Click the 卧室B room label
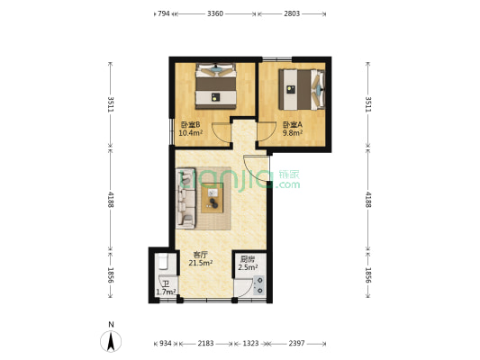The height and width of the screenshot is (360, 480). (x=190, y=125)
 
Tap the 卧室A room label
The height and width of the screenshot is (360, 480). (x=293, y=125)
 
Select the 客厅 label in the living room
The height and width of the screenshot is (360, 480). (x=201, y=255)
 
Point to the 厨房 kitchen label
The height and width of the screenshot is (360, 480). (x=248, y=259)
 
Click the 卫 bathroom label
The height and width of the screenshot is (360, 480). (x=166, y=284)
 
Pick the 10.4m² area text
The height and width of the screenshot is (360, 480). (x=190, y=132)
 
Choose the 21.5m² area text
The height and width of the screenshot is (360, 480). (x=201, y=263)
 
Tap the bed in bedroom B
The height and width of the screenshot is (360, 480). (x=216, y=85)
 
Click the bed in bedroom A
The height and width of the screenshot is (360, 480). (x=301, y=89)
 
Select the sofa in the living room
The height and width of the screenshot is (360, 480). (x=186, y=198)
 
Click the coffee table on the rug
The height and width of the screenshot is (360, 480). (x=213, y=198)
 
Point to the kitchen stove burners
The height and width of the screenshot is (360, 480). (x=259, y=285)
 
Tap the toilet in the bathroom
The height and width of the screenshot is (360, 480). (x=163, y=262)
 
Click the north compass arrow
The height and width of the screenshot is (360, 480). (x=111, y=341)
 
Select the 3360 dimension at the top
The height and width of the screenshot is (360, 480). (x=215, y=13)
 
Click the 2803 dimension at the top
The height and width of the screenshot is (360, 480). (x=292, y=13)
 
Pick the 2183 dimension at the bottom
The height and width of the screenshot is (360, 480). (x=205, y=344)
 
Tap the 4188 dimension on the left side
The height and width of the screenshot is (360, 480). (x=111, y=200)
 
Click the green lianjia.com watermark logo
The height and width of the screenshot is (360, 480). (x=240, y=180)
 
